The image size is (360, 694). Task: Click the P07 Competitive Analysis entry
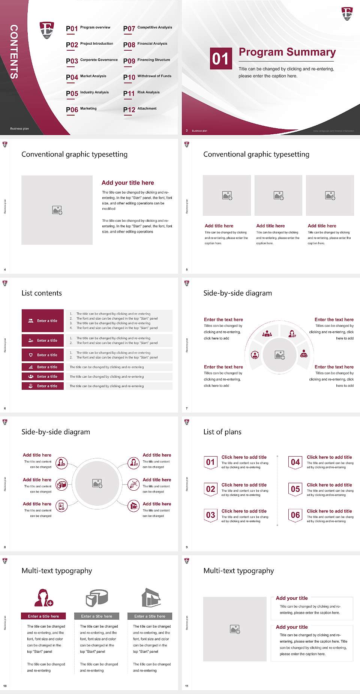pyautogui.click(x=148, y=28)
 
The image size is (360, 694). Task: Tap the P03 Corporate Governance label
pyautogui.click(x=92, y=60)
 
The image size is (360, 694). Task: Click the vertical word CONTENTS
pyautogui.click(x=14, y=52)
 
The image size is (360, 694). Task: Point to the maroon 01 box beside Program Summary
pyautogui.click(x=221, y=59)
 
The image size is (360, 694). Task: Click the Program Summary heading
pyautogui.click(x=287, y=52)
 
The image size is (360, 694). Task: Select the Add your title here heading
pyautogui.click(x=127, y=183)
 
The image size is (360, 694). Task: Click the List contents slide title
pyautogui.click(x=42, y=293)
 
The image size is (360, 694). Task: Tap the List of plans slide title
pyautogui.click(x=222, y=432)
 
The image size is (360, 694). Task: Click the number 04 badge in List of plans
pyautogui.click(x=295, y=462)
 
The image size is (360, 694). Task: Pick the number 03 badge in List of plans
pyautogui.click(x=211, y=515)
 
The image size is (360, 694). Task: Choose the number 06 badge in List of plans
pyautogui.click(x=295, y=515)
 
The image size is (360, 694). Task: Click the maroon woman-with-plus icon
pyautogui.click(x=43, y=598)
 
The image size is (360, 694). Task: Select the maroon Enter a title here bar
pyautogui.click(x=43, y=616)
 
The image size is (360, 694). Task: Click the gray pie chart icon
pyautogui.click(x=97, y=598)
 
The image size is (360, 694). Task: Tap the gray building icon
pyautogui.click(x=151, y=598)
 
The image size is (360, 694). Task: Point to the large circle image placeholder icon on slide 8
pyautogui.click(x=97, y=483)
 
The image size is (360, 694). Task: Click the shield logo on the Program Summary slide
pyautogui.click(x=347, y=14)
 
